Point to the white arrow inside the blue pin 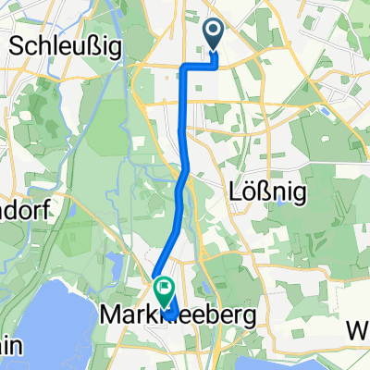point(215,33)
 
